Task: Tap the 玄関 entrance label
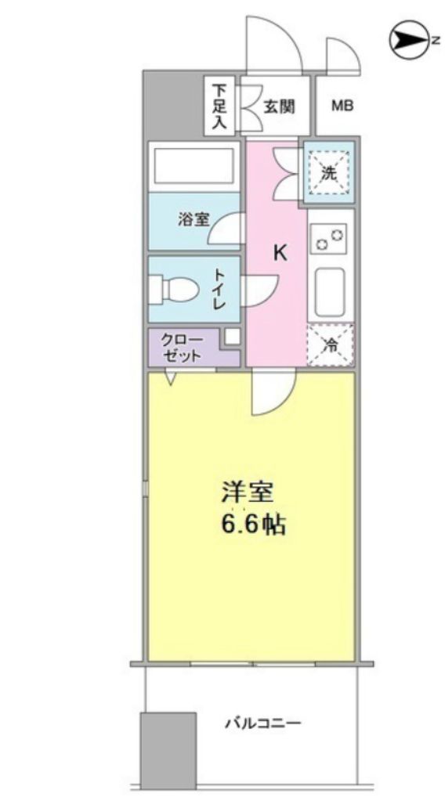point(278,106)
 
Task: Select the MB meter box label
point(341,106)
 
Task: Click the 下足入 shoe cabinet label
point(219,105)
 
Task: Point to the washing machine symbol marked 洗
point(330,173)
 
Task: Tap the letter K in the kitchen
point(280,253)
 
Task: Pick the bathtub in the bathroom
point(194,165)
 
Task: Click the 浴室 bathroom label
point(194,219)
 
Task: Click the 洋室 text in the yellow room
point(246,493)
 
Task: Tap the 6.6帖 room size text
point(251,524)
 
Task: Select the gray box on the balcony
point(168,750)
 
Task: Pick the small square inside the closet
point(231,337)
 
